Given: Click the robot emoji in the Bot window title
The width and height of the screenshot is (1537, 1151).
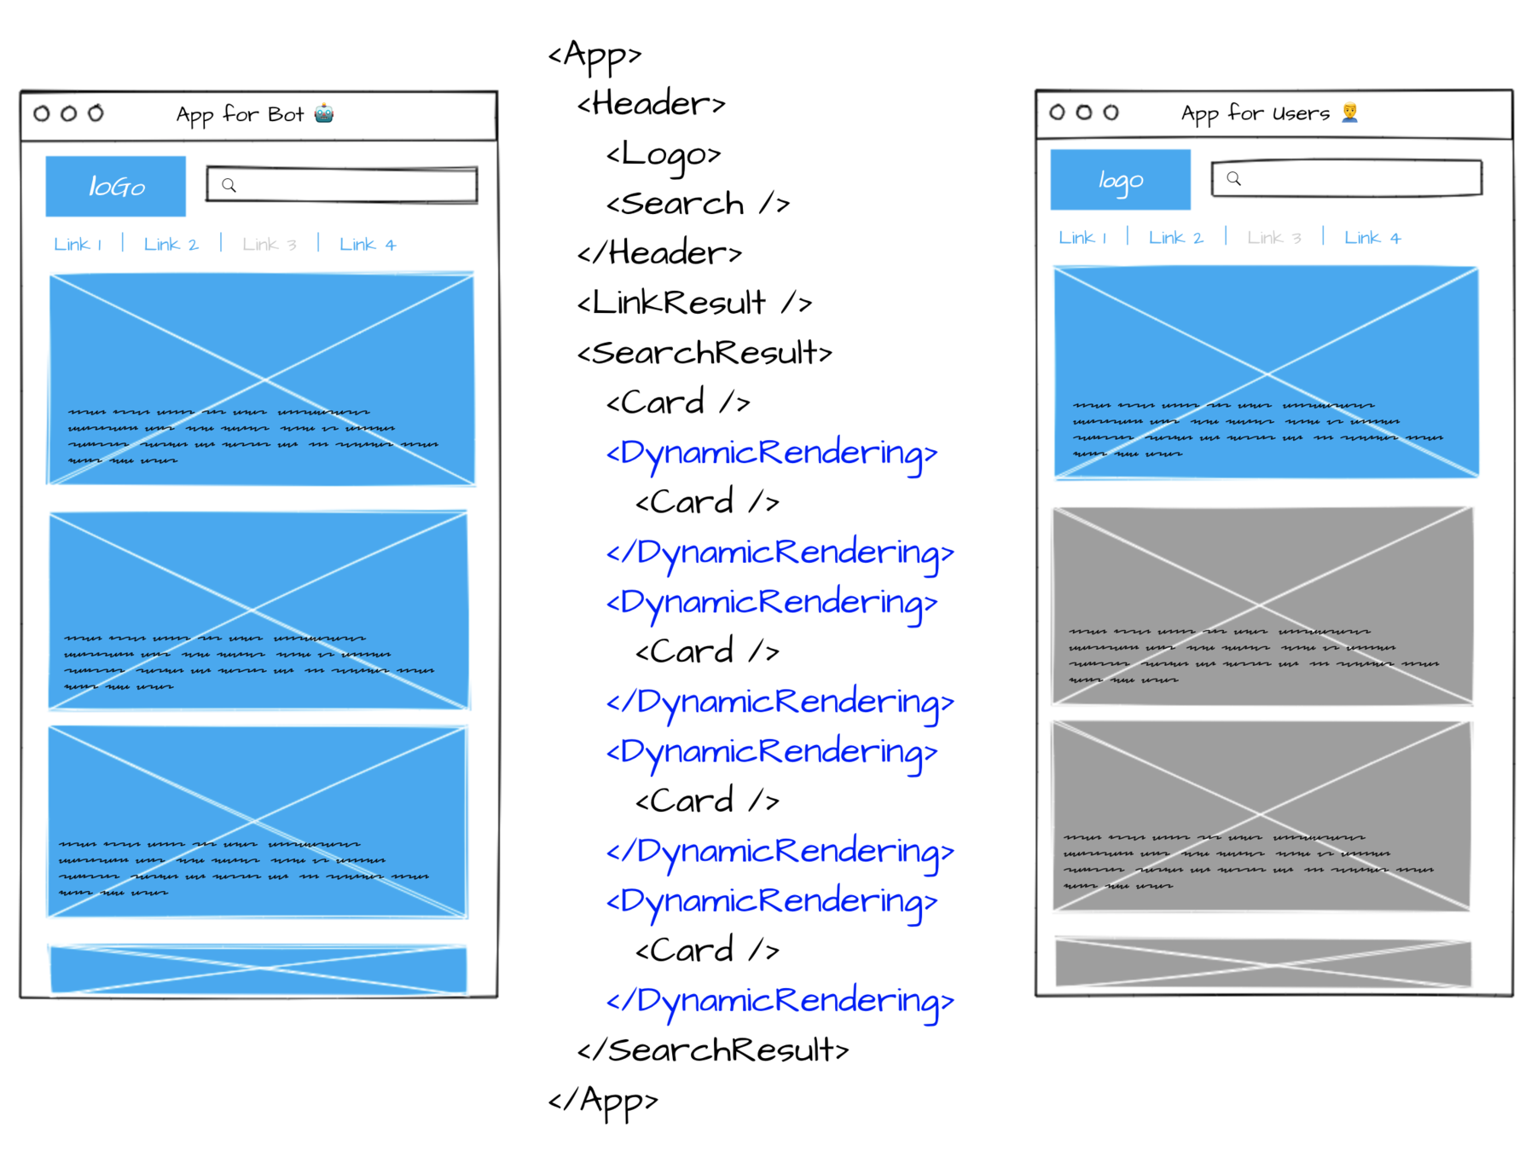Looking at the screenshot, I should point(324,113).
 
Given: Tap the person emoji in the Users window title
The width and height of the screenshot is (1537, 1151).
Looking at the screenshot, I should point(1349,112).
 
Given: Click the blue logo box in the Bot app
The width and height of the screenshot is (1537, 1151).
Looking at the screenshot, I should point(116,186).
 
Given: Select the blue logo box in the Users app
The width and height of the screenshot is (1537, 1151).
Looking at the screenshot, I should point(1120,180).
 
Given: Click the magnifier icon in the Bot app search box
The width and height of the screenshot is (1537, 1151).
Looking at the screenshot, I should point(229,185).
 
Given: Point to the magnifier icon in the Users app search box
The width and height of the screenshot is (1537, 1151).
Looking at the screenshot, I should point(1233,178).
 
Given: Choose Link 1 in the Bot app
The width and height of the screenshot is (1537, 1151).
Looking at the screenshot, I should point(78,245).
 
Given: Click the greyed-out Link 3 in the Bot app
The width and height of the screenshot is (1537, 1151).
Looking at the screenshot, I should point(269,245).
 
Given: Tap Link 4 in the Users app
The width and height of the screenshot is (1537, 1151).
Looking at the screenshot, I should point(1372,238).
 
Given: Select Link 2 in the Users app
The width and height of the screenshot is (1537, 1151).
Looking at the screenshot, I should point(1175,238).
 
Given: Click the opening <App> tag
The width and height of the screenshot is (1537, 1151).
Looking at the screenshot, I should point(594,55).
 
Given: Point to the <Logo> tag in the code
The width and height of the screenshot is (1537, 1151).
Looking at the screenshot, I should point(664,154).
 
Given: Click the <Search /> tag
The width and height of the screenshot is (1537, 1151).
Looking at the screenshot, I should point(698,204).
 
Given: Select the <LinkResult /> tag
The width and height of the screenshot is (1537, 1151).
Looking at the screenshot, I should point(694,303).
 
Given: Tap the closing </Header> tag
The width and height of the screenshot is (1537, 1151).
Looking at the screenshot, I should point(659,253).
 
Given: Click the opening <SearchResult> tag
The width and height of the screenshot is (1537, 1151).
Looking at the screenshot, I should point(705,352).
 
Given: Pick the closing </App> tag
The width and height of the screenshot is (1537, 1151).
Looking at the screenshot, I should point(603,1100).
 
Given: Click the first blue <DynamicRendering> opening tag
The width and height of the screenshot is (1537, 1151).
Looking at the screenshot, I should point(771,453).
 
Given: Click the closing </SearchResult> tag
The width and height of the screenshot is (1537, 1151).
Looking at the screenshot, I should point(713,1050).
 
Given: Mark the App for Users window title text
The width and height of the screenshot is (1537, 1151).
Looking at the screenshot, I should point(1255,113).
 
